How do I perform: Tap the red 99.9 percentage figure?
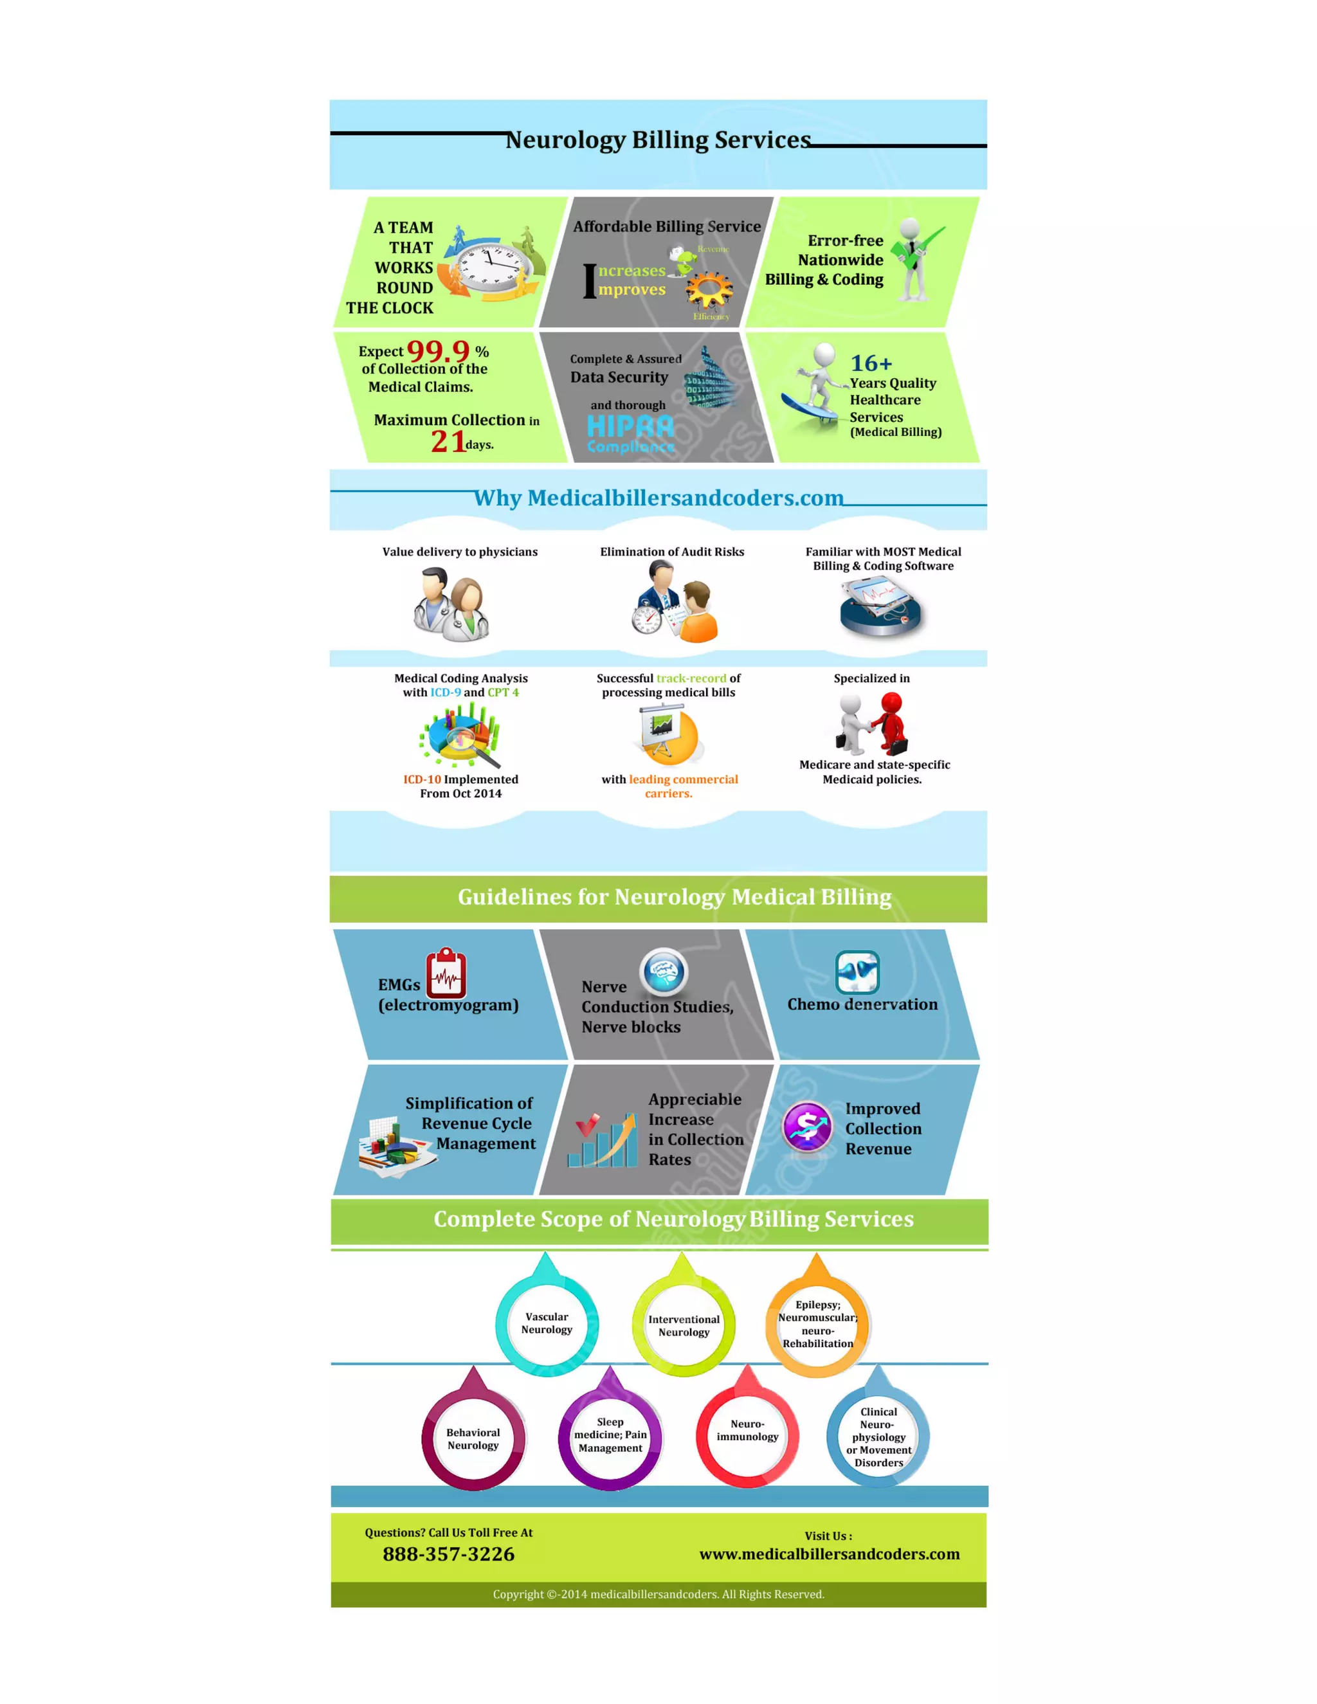tap(439, 351)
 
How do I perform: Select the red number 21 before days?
tap(448, 442)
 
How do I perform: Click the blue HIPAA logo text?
tap(630, 427)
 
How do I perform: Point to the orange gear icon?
tap(709, 290)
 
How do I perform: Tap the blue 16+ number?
tap(871, 363)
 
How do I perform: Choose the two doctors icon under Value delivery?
tap(451, 604)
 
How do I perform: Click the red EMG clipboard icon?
tap(446, 973)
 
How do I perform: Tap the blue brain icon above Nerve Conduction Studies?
tap(663, 972)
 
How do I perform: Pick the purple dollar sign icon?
tap(808, 1126)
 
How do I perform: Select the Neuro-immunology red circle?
tap(747, 1430)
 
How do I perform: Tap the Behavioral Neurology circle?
tap(473, 1438)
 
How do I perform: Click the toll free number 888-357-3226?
tap(449, 1554)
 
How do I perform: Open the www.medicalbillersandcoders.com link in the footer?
tap(830, 1554)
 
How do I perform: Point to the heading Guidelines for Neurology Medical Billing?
tap(674, 897)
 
